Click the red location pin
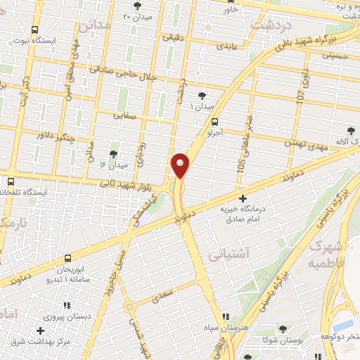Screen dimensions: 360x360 181,165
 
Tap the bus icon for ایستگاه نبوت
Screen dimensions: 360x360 34,30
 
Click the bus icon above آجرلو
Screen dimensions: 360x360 214,121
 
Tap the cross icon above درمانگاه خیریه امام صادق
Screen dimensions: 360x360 243,199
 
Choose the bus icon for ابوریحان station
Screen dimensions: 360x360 67,257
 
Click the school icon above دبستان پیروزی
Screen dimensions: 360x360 67,305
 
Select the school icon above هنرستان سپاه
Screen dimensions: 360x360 224,317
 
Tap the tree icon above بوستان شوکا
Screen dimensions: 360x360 283,329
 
